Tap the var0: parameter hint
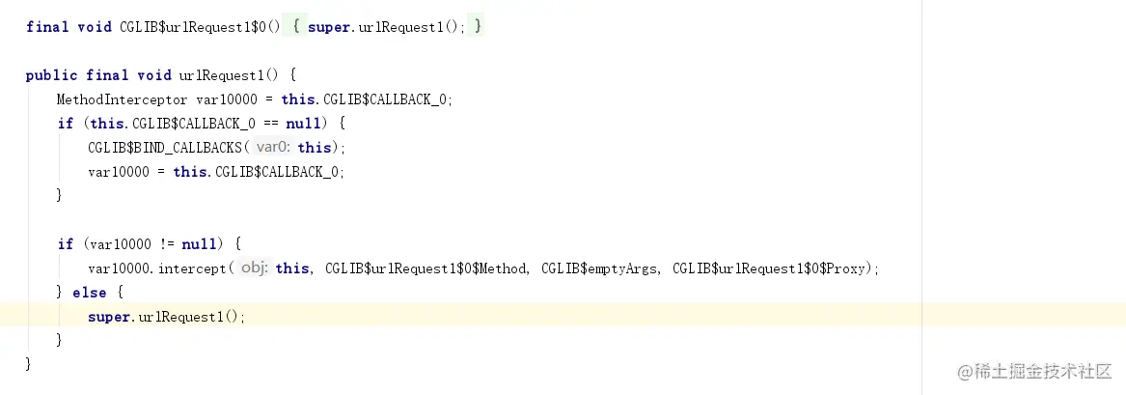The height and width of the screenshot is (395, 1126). coord(273,148)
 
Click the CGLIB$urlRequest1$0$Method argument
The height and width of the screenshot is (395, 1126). coord(426,268)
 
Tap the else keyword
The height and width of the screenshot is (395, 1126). coord(90,293)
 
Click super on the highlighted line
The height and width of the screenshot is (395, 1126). coord(108,317)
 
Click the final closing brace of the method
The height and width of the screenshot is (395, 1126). coord(29,364)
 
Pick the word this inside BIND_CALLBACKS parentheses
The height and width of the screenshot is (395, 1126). coord(315,148)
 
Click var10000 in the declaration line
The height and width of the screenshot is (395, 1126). coord(227,99)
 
